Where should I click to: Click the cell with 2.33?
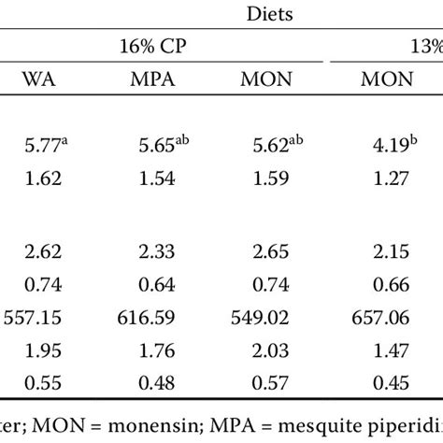pos(150,252)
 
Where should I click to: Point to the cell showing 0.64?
pos(150,284)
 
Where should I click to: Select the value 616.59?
pos(150,318)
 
